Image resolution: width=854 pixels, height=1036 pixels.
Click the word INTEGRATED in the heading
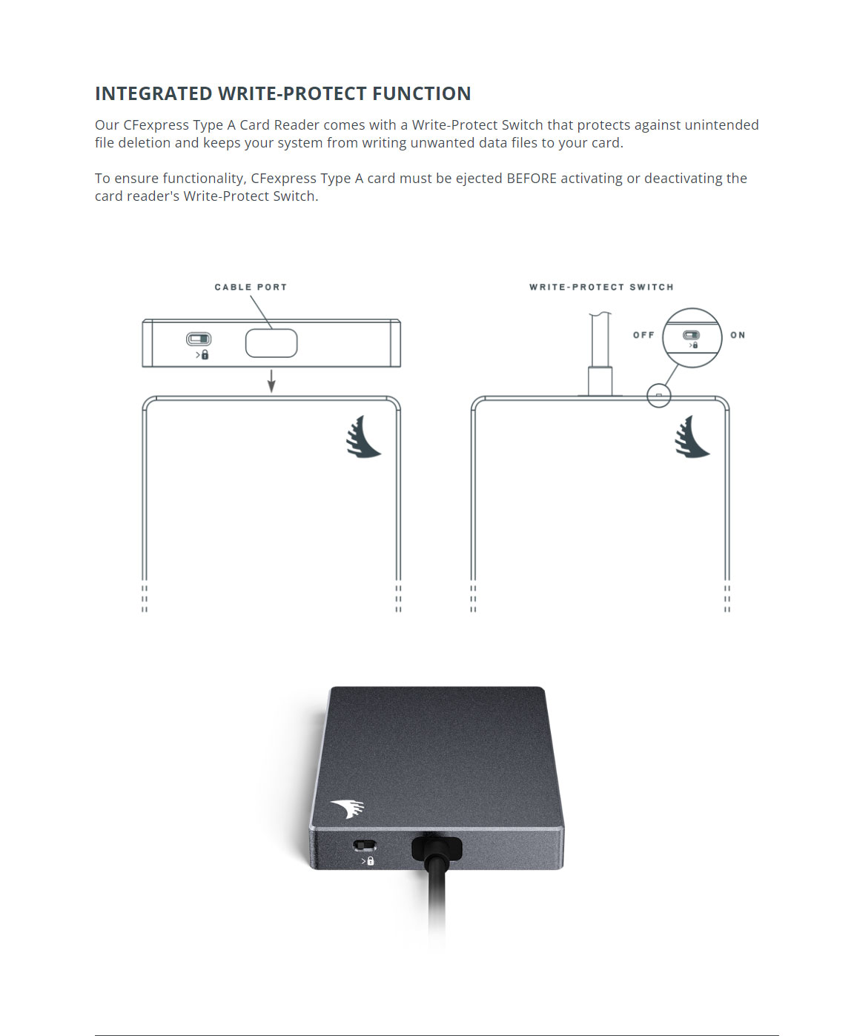(153, 94)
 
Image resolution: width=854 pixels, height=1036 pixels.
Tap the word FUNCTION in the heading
(422, 94)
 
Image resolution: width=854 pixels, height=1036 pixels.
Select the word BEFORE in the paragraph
(532, 178)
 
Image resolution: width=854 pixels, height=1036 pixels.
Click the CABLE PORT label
(251, 287)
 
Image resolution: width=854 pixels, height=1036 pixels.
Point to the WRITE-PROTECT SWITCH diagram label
(601, 287)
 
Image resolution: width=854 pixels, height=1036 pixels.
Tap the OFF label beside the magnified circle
(643, 335)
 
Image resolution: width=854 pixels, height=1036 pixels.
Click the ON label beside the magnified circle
(738, 335)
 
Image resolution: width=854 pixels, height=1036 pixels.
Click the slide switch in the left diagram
(199, 339)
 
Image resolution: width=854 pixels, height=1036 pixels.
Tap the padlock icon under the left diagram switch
(205, 355)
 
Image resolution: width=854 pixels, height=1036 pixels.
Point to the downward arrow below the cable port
(271, 381)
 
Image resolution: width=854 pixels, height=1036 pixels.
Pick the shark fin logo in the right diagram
(692, 436)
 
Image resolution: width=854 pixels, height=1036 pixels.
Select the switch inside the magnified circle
(692, 335)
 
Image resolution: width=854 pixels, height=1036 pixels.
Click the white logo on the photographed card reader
(348, 809)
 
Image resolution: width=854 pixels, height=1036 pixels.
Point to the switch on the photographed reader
(365, 845)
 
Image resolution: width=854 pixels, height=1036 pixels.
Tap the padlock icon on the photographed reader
(370, 861)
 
